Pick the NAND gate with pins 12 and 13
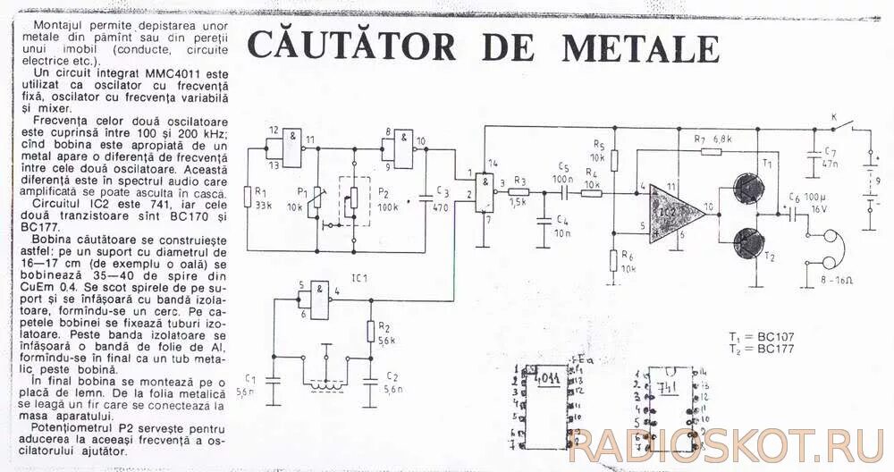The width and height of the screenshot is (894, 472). coord(291,144)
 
